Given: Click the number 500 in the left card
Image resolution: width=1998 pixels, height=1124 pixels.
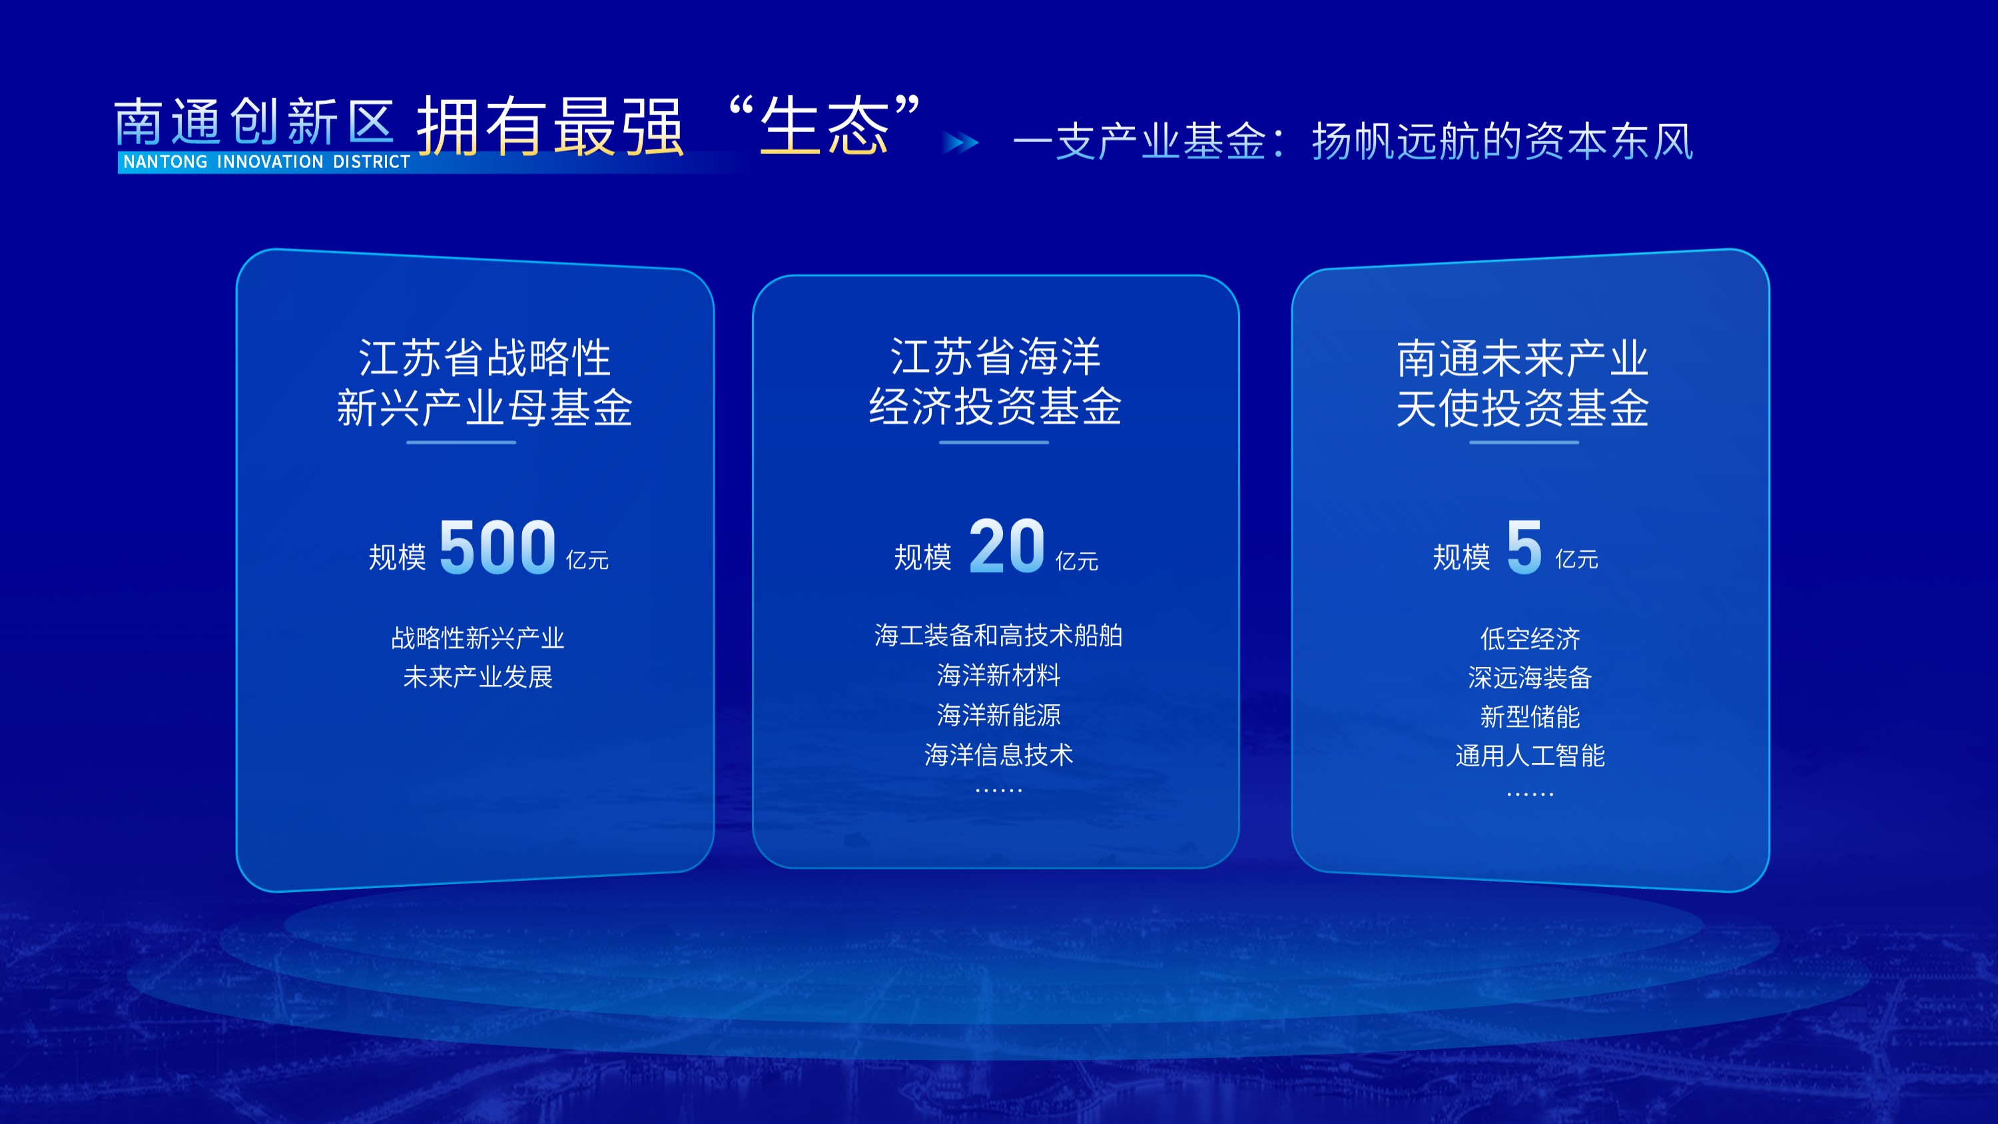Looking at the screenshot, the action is point(498,548).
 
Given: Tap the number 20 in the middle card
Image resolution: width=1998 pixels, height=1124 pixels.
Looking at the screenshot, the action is point(1007,546).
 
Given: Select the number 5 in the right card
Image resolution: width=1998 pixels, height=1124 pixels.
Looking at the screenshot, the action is point(1524,548).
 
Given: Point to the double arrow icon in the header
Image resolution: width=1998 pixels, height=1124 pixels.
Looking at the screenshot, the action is point(960,143).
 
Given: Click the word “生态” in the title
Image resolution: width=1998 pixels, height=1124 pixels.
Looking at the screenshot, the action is point(825,126).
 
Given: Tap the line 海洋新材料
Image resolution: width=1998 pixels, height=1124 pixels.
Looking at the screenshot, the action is point(998,675).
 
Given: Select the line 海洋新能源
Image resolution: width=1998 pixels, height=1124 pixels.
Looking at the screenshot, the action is point(998,714).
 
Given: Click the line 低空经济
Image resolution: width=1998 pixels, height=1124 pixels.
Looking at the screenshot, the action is point(1530,638).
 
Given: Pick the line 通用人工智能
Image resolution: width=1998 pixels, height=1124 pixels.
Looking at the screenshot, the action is point(1530,756).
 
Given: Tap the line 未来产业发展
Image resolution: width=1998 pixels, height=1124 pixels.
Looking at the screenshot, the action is point(478,676).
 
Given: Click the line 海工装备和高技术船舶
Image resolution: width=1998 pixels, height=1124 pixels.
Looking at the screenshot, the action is point(998,636).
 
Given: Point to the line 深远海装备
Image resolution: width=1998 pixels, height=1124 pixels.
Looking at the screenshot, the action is point(1530,677).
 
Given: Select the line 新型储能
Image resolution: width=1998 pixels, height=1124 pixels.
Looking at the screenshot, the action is point(1530,717).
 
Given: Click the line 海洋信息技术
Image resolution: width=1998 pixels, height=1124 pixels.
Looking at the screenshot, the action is point(998,754).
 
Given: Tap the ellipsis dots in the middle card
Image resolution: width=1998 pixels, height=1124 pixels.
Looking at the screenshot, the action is point(998,790).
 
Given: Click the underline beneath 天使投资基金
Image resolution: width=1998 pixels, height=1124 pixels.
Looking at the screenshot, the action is point(1523,442).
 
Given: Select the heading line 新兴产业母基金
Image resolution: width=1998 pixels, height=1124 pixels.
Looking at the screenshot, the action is point(484,408).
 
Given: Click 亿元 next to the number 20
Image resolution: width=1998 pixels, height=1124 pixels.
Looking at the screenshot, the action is point(1076,561).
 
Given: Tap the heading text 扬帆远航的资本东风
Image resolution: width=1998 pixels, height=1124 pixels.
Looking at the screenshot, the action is point(1502,142).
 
